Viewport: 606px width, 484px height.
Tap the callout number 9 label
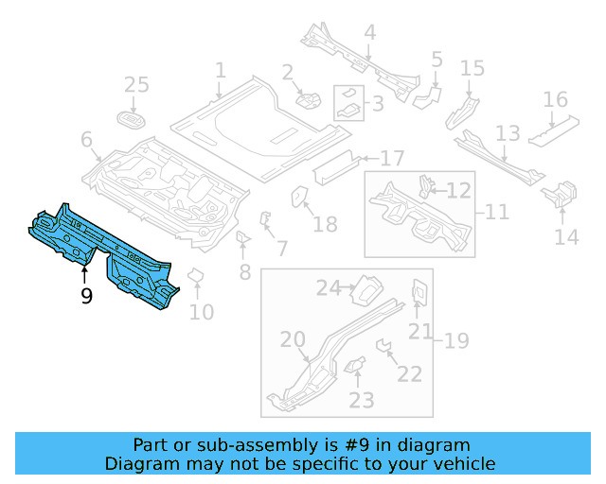click(86, 297)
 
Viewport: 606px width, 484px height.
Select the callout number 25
click(137, 86)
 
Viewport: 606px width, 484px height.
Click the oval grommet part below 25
click(132, 119)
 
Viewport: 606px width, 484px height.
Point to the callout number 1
click(220, 71)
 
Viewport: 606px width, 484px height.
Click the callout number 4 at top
click(369, 33)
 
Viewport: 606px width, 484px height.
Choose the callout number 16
click(556, 100)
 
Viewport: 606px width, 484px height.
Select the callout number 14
click(566, 236)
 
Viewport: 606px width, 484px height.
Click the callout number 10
click(202, 311)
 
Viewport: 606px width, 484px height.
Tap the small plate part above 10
click(197, 276)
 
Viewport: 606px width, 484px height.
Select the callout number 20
click(293, 340)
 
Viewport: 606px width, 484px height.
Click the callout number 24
click(328, 288)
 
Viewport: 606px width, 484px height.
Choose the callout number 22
click(409, 375)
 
